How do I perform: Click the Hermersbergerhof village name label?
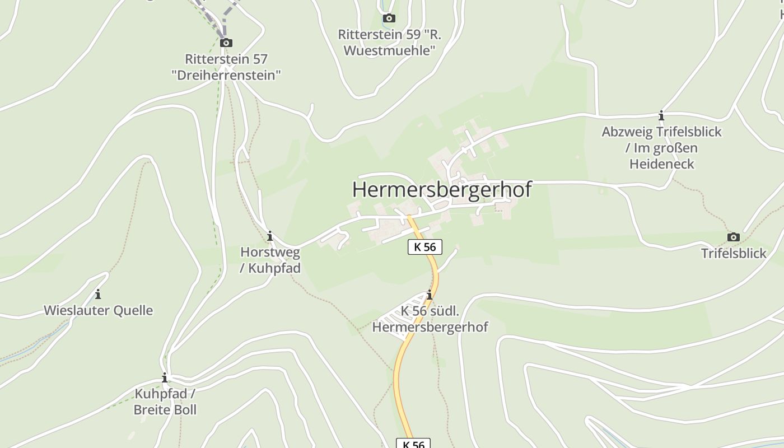point(441,189)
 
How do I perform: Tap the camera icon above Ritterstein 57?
point(226,43)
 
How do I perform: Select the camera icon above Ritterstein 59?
point(389,18)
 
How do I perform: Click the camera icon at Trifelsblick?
point(733,237)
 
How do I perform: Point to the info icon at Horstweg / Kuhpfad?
point(270,236)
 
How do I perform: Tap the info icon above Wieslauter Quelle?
point(98,294)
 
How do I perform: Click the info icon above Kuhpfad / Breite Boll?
point(165,377)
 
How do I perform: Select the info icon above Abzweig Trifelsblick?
point(661,116)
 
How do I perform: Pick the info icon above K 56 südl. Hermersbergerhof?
point(430,295)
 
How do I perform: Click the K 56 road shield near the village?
point(425,247)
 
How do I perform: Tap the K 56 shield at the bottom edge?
point(413,444)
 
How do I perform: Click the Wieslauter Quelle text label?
point(98,310)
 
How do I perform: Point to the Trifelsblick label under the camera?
point(734,253)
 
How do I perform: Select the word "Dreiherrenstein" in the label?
point(226,75)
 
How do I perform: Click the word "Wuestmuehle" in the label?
point(389,50)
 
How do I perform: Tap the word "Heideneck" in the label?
point(661,164)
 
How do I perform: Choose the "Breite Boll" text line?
point(165,409)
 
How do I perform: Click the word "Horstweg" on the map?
point(270,253)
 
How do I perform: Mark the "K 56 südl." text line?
point(430,311)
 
